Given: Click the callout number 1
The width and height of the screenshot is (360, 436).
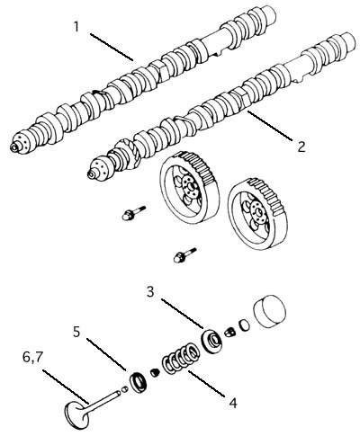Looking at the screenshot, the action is pyautogui.click(x=76, y=27).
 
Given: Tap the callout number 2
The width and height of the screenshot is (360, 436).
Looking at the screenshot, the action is pyautogui.click(x=301, y=147).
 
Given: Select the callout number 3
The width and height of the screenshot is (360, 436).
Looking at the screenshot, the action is pyautogui.click(x=151, y=291).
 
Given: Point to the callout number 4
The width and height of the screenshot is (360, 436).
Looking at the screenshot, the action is pyautogui.click(x=233, y=403).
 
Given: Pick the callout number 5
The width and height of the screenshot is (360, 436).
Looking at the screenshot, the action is pyautogui.click(x=77, y=332).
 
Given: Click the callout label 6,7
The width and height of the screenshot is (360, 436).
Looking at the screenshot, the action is pyautogui.click(x=32, y=358).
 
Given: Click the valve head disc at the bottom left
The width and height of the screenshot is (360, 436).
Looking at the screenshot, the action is pyautogui.click(x=76, y=415).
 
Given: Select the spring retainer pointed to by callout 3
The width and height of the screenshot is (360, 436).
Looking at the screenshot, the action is pyautogui.click(x=211, y=340).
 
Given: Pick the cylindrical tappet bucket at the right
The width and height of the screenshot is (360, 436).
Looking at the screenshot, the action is pyautogui.click(x=269, y=312).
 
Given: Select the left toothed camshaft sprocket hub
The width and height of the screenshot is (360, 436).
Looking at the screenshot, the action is pyautogui.click(x=188, y=187).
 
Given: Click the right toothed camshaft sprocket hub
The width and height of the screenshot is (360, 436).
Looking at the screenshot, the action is pyautogui.click(x=257, y=214).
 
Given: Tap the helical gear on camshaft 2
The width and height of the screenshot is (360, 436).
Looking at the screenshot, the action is pyautogui.click(x=128, y=154).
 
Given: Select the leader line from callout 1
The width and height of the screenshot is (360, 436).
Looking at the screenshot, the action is pyautogui.click(x=112, y=47).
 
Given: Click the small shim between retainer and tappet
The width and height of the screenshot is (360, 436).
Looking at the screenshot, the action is pyautogui.click(x=245, y=325).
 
